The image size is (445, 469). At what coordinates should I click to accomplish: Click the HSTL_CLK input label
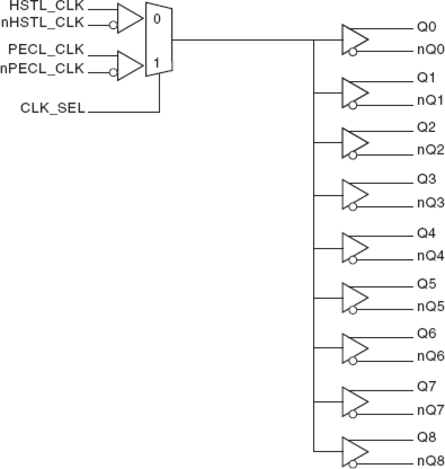(47, 6)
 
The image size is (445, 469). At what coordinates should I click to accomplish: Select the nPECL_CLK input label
(43, 68)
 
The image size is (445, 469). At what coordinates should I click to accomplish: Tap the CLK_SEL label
(53, 108)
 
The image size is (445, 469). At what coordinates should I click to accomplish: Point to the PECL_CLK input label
(46, 50)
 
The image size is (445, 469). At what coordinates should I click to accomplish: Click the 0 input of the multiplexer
(157, 19)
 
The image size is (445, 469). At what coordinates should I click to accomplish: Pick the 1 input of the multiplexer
(156, 63)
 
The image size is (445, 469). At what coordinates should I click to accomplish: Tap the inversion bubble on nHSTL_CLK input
(113, 26)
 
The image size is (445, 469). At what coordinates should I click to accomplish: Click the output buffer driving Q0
(354, 39)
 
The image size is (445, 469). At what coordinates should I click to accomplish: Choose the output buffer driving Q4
(354, 247)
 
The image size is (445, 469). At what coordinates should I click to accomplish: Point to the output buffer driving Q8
(354, 452)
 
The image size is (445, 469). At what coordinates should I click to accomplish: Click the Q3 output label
(426, 179)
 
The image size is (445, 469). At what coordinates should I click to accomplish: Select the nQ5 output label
(430, 306)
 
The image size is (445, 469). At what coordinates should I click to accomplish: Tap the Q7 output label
(426, 386)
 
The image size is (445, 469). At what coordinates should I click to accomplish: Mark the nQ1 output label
(430, 101)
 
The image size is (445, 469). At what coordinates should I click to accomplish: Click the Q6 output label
(426, 334)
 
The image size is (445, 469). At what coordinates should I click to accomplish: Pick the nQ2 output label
(430, 150)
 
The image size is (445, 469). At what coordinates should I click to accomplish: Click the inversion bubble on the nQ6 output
(353, 361)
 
